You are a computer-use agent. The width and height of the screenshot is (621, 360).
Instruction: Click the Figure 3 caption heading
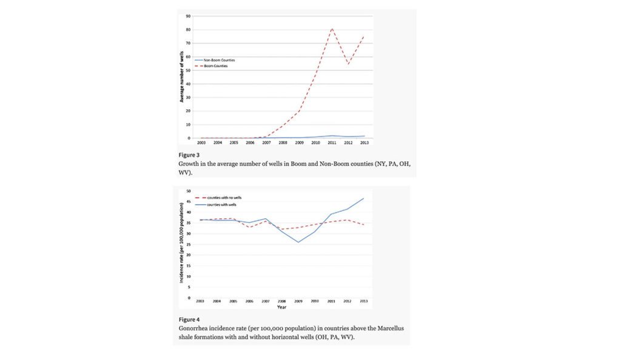point(187,155)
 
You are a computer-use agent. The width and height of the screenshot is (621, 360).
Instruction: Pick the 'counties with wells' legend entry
point(224,204)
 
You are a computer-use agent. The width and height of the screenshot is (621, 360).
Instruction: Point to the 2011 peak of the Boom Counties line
point(332,28)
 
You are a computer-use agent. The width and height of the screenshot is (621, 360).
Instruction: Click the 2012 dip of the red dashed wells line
point(347,64)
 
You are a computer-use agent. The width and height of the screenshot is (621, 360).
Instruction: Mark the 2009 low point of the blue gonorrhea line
point(298,242)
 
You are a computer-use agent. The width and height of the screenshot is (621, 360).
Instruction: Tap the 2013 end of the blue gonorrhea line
point(363,198)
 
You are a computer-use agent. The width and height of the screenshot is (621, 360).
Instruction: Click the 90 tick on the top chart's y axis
point(189,16)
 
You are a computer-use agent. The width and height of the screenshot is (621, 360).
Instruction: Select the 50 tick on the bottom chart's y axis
point(188,191)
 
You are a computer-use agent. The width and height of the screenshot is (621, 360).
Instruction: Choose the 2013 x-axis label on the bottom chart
point(363,301)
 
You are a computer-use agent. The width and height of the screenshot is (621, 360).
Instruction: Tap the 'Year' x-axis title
point(282,307)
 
